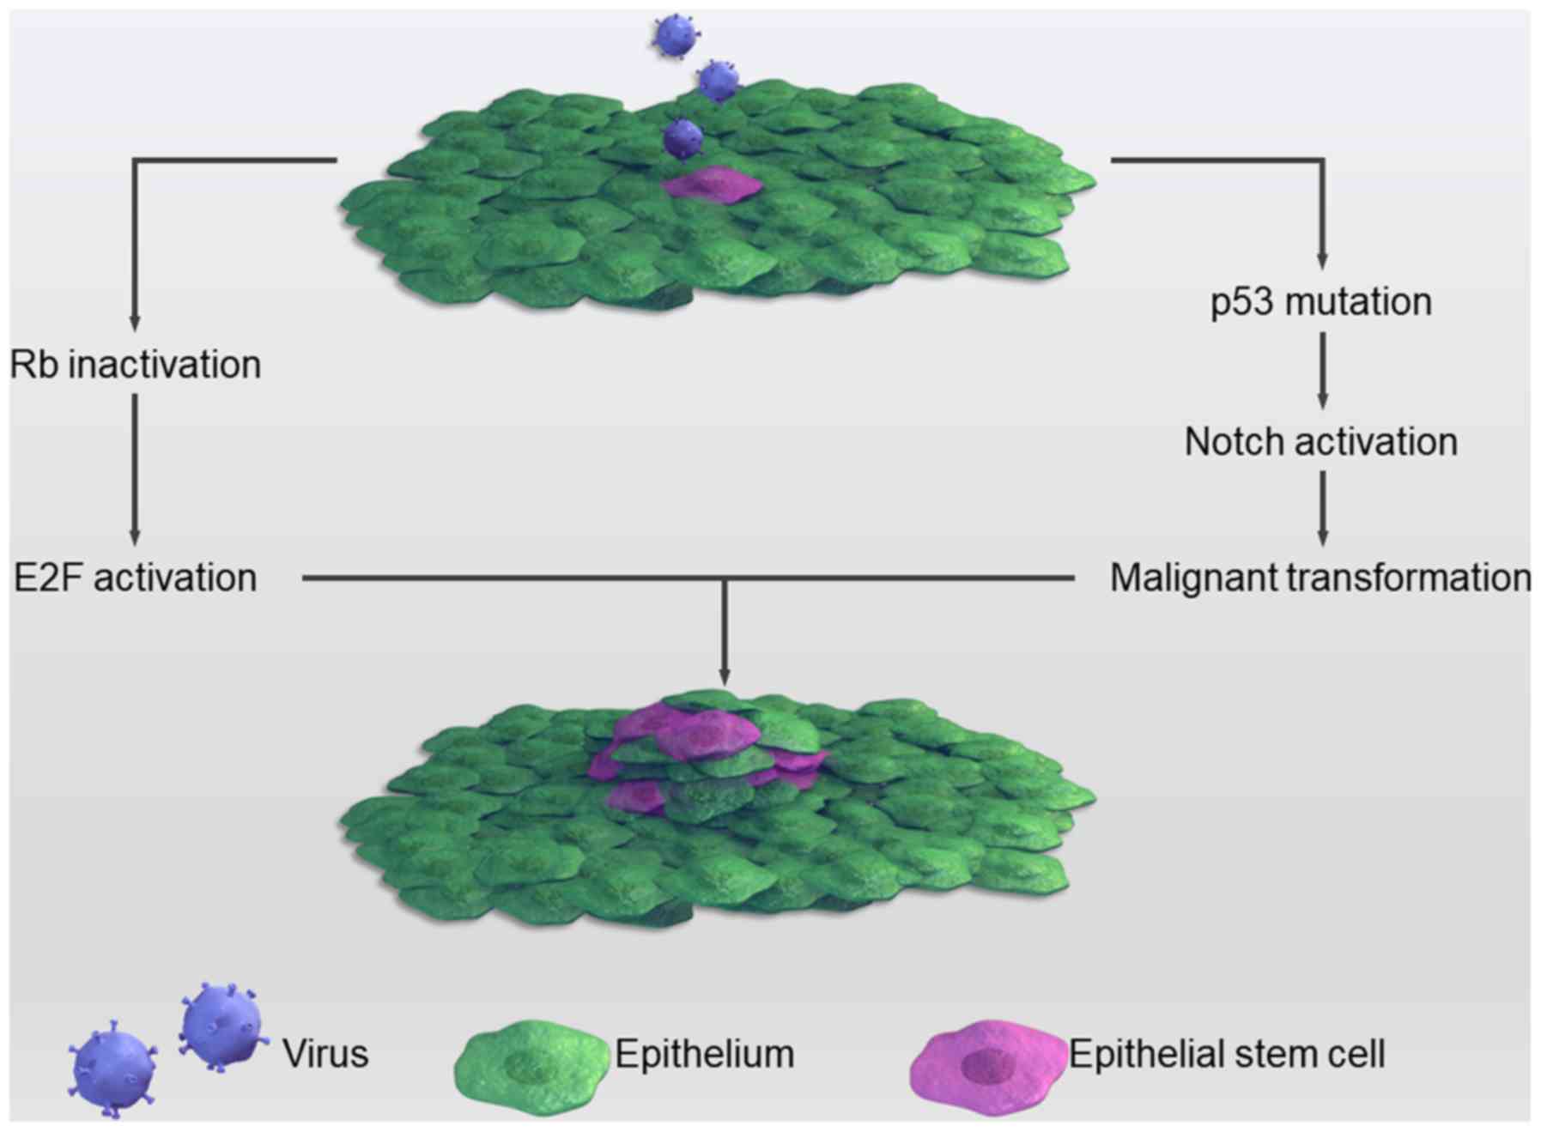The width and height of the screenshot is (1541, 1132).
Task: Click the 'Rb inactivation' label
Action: (x=136, y=365)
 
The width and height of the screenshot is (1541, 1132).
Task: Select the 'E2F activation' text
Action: (x=136, y=578)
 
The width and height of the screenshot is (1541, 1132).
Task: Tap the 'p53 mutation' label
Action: (x=1321, y=302)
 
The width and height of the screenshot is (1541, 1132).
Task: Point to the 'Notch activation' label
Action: (x=1321, y=442)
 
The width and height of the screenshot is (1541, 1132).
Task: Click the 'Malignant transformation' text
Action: (x=1320, y=578)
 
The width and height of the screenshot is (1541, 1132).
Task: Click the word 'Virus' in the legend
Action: (x=326, y=1053)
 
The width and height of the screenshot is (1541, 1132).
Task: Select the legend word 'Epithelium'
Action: (x=705, y=1053)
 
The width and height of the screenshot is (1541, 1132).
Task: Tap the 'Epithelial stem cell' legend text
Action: (x=1227, y=1053)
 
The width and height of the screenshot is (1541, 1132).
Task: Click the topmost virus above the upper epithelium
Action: (x=675, y=37)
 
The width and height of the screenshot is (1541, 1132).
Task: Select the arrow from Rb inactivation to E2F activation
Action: (x=135, y=468)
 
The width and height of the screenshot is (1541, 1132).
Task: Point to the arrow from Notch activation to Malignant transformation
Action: (x=1322, y=508)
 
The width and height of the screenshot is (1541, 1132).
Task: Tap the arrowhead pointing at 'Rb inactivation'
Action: (x=135, y=321)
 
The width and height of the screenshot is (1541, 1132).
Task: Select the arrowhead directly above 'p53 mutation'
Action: (x=1322, y=258)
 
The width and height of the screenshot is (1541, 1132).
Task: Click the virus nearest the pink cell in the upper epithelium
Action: (x=683, y=137)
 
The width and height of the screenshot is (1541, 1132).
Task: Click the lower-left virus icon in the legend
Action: (x=112, y=1067)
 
